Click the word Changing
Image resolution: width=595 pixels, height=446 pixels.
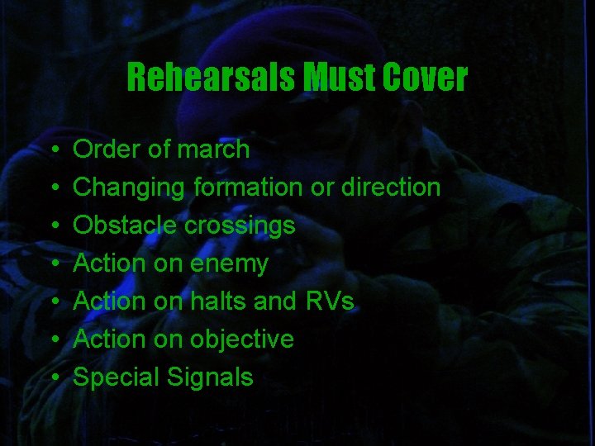(129, 188)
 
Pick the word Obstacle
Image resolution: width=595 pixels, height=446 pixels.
(124, 225)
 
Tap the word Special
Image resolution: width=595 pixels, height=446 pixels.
(117, 378)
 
